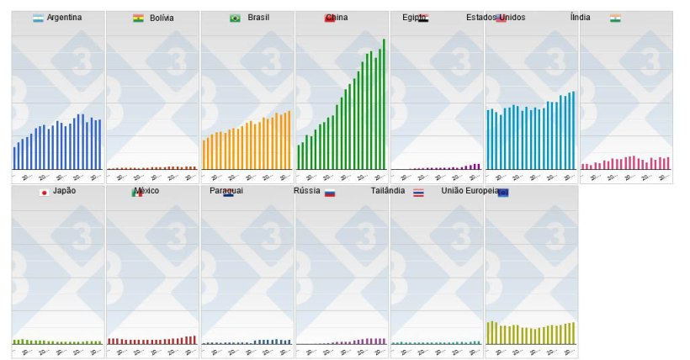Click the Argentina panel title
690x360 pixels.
(x=65, y=18)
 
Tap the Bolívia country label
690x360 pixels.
(x=162, y=18)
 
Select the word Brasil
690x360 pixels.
(x=258, y=18)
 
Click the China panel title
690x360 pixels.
(x=337, y=18)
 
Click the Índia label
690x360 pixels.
(x=581, y=18)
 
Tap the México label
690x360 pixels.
(x=146, y=191)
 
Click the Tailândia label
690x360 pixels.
(x=389, y=191)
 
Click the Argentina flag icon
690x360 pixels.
(x=38, y=18)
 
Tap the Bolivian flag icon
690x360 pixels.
(x=138, y=18)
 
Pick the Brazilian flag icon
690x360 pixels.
(x=235, y=18)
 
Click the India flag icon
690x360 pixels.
(x=616, y=18)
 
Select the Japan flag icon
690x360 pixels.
(x=44, y=192)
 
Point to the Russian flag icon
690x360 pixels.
(x=330, y=193)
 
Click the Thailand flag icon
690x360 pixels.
(x=418, y=193)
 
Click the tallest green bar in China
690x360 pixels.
(x=384, y=104)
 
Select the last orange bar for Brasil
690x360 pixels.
(x=289, y=140)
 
